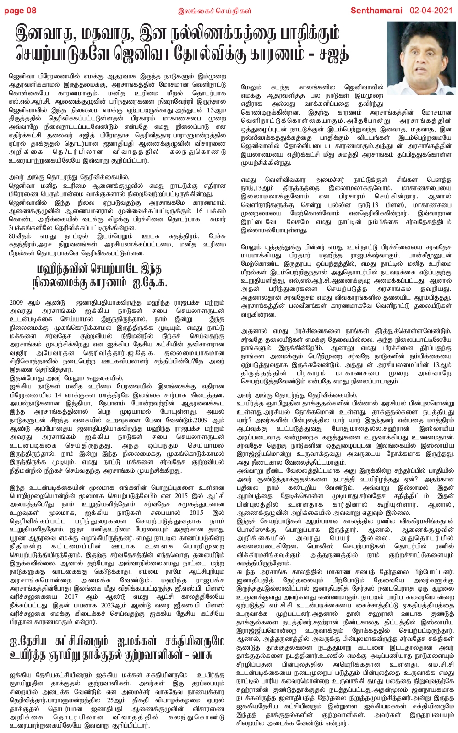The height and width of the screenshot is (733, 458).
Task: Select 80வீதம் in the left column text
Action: [x=21, y=236]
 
